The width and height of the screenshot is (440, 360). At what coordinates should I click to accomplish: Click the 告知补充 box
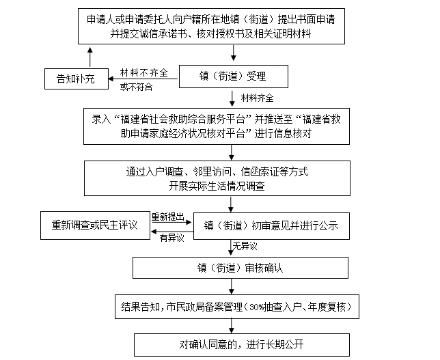click(x=76, y=79)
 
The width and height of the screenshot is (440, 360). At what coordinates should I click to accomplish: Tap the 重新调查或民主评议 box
click(x=94, y=225)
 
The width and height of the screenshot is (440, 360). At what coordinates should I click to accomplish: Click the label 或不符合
click(x=137, y=86)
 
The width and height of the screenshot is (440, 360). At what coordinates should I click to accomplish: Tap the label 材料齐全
click(x=256, y=98)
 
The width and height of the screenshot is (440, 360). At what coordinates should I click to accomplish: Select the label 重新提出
click(x=168, y=216)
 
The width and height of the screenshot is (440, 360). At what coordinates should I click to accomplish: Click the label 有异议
click(x=171, y=236)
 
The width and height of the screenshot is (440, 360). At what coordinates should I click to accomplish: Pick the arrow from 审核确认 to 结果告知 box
click(x=235, y=287)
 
